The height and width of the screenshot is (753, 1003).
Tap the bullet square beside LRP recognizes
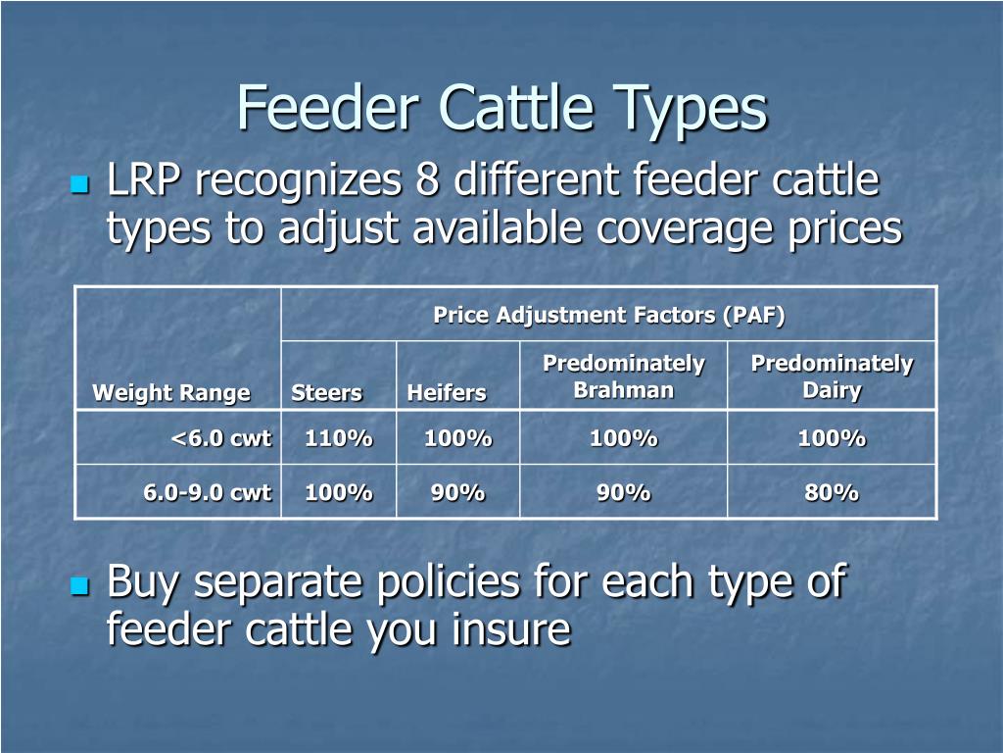[80, 184]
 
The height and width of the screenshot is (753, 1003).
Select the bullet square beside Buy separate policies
[80, 586]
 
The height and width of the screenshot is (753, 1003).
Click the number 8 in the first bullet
[424, 181]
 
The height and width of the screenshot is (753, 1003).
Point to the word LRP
[146, 181]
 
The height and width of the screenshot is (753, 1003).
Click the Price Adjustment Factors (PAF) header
[608, 315]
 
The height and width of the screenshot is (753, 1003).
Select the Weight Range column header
[170, 393]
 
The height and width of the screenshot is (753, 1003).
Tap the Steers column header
[326, 393]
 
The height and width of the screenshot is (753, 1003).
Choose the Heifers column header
[447, 393]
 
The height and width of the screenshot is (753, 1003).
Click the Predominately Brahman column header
[623, 376]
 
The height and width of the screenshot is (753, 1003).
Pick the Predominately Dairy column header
[832, 376]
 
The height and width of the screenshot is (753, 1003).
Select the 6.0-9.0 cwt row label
[207, 492]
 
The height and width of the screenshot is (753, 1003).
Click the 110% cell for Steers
[338, 438]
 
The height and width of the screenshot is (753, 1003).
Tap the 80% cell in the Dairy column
[832, 492]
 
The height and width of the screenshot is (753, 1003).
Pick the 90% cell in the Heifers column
[457, 492]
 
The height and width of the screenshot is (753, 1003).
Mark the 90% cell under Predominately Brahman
[623, 492]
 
